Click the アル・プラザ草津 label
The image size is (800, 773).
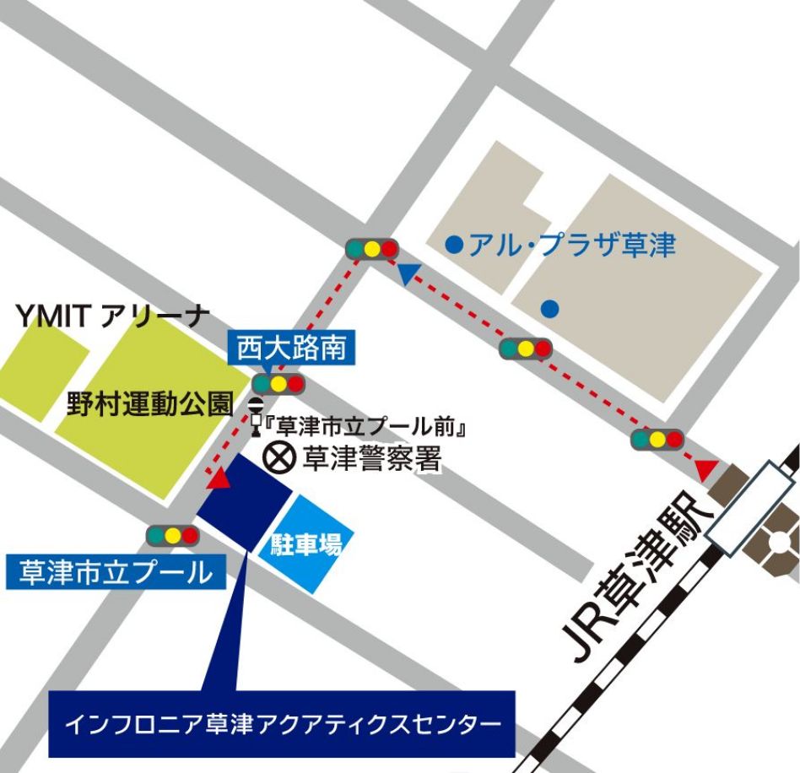coord(572,246)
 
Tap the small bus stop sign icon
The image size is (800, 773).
coord(256,414)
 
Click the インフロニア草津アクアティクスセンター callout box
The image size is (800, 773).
coord(282,723)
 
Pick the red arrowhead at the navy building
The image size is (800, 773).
coord(219,479)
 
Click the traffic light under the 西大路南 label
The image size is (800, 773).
coord(278,385)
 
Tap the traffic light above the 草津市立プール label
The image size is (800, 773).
coord(172,535)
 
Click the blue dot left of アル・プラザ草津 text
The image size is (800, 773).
coord(454,246)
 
